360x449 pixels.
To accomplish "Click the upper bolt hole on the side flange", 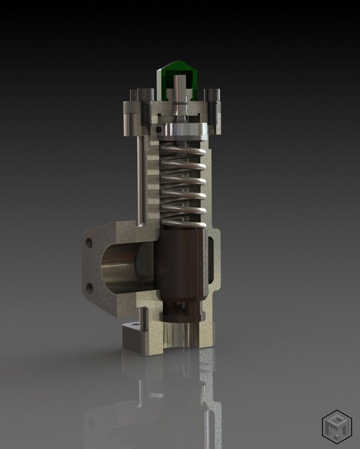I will coord(89,243).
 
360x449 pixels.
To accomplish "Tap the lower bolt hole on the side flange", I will coord(89,288).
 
